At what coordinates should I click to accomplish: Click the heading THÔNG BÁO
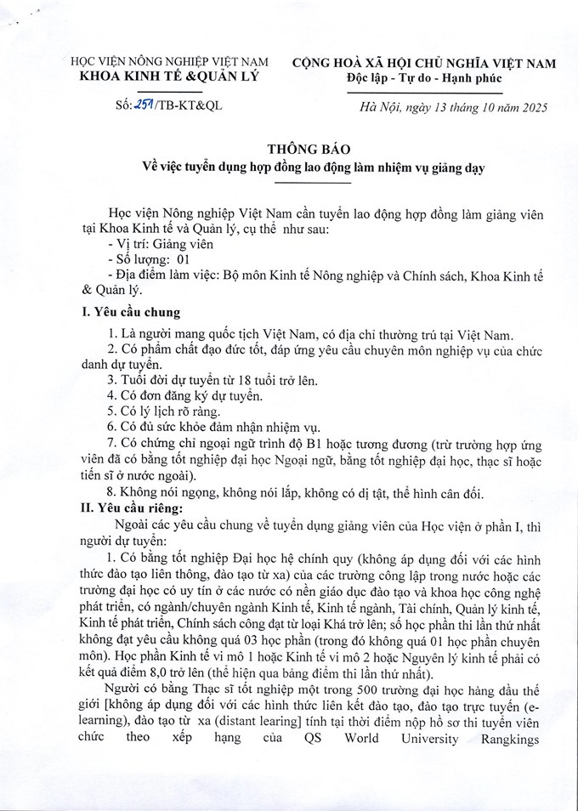pos(288,148)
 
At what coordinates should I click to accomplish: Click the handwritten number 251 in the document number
pos(133,107)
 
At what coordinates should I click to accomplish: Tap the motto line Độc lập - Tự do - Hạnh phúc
pos(424,79)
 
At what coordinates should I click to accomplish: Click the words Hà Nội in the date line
pos(379,107)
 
